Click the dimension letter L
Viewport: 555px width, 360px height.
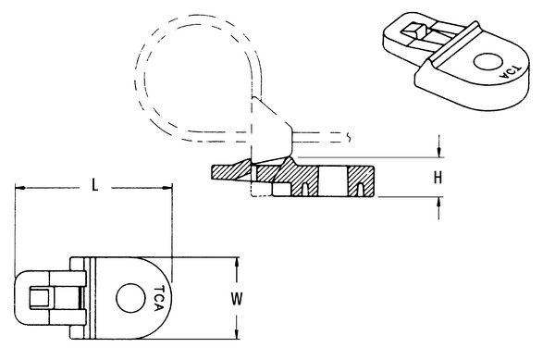pyautogui.click(x=95, y=185)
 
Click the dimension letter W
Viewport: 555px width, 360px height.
pyautogui.click(x=237, y=298)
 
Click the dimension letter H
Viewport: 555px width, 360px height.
pyautogui.click(x=438, y=178)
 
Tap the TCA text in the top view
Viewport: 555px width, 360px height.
pyautogui.click(x=159, y=298)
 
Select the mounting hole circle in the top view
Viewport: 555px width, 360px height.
pyautogui.click(x=130, y=298)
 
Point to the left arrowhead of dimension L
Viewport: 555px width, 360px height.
pyautogui.click(x=20, y=188)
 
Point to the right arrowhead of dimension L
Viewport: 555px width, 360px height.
pyautogui.click(x=167, y=188)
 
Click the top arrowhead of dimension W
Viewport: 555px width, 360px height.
pyautogui.click(x=237, y=263)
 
